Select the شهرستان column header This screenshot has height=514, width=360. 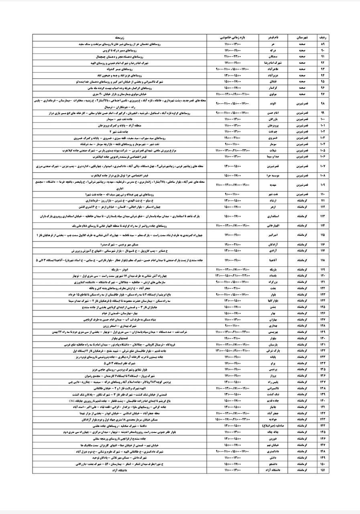coord(302,37)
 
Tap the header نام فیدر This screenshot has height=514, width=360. coord(273,37)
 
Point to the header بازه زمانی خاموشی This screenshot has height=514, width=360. coord(232,37)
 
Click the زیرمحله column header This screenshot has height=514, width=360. coord(120,37)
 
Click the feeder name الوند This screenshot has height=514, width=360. coord(273,103)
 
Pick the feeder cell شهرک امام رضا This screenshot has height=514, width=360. coord(273,63)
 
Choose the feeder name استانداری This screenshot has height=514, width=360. coord(273,216)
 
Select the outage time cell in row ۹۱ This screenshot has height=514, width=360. coord(232,57)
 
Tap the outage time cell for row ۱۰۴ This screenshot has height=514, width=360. coord(232,144)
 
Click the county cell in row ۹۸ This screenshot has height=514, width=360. coord(302,103)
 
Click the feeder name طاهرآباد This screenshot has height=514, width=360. coord(273,69)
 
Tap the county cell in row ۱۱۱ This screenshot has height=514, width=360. coord(302,200)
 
